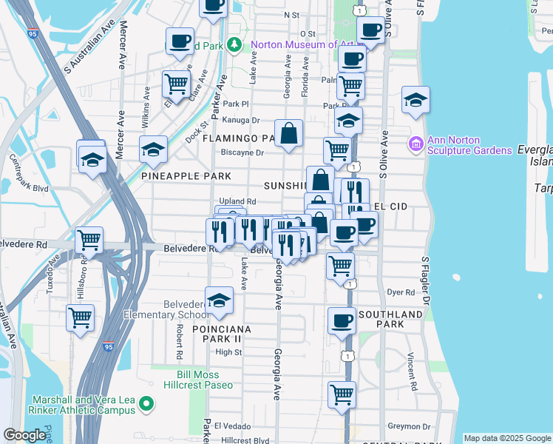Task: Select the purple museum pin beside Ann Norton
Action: [415, 142]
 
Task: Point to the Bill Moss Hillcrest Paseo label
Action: [208, 380]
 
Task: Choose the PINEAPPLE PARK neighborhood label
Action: [186, 176]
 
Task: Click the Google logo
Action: [24, 436]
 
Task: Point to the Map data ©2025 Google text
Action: [507, 438]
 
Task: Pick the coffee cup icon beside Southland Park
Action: [342, 321]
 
